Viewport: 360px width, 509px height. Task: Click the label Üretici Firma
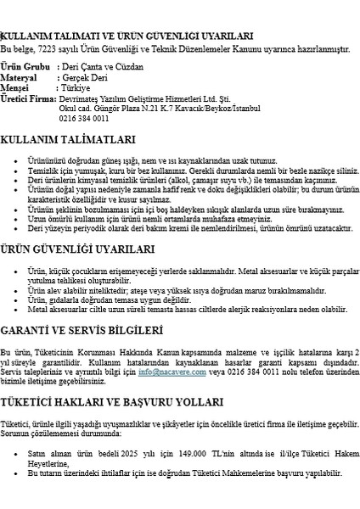(28, 99)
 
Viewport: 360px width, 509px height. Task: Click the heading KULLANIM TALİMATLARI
(68, 139)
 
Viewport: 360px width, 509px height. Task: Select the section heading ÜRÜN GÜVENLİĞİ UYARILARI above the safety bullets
(78, 249)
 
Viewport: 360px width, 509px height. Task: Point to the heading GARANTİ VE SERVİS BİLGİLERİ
(82, 328)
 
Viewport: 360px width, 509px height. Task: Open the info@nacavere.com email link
(168, 371)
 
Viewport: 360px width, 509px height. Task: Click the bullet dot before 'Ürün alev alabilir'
(19, 290)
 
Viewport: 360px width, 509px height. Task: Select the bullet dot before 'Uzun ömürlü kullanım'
(19, 218)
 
